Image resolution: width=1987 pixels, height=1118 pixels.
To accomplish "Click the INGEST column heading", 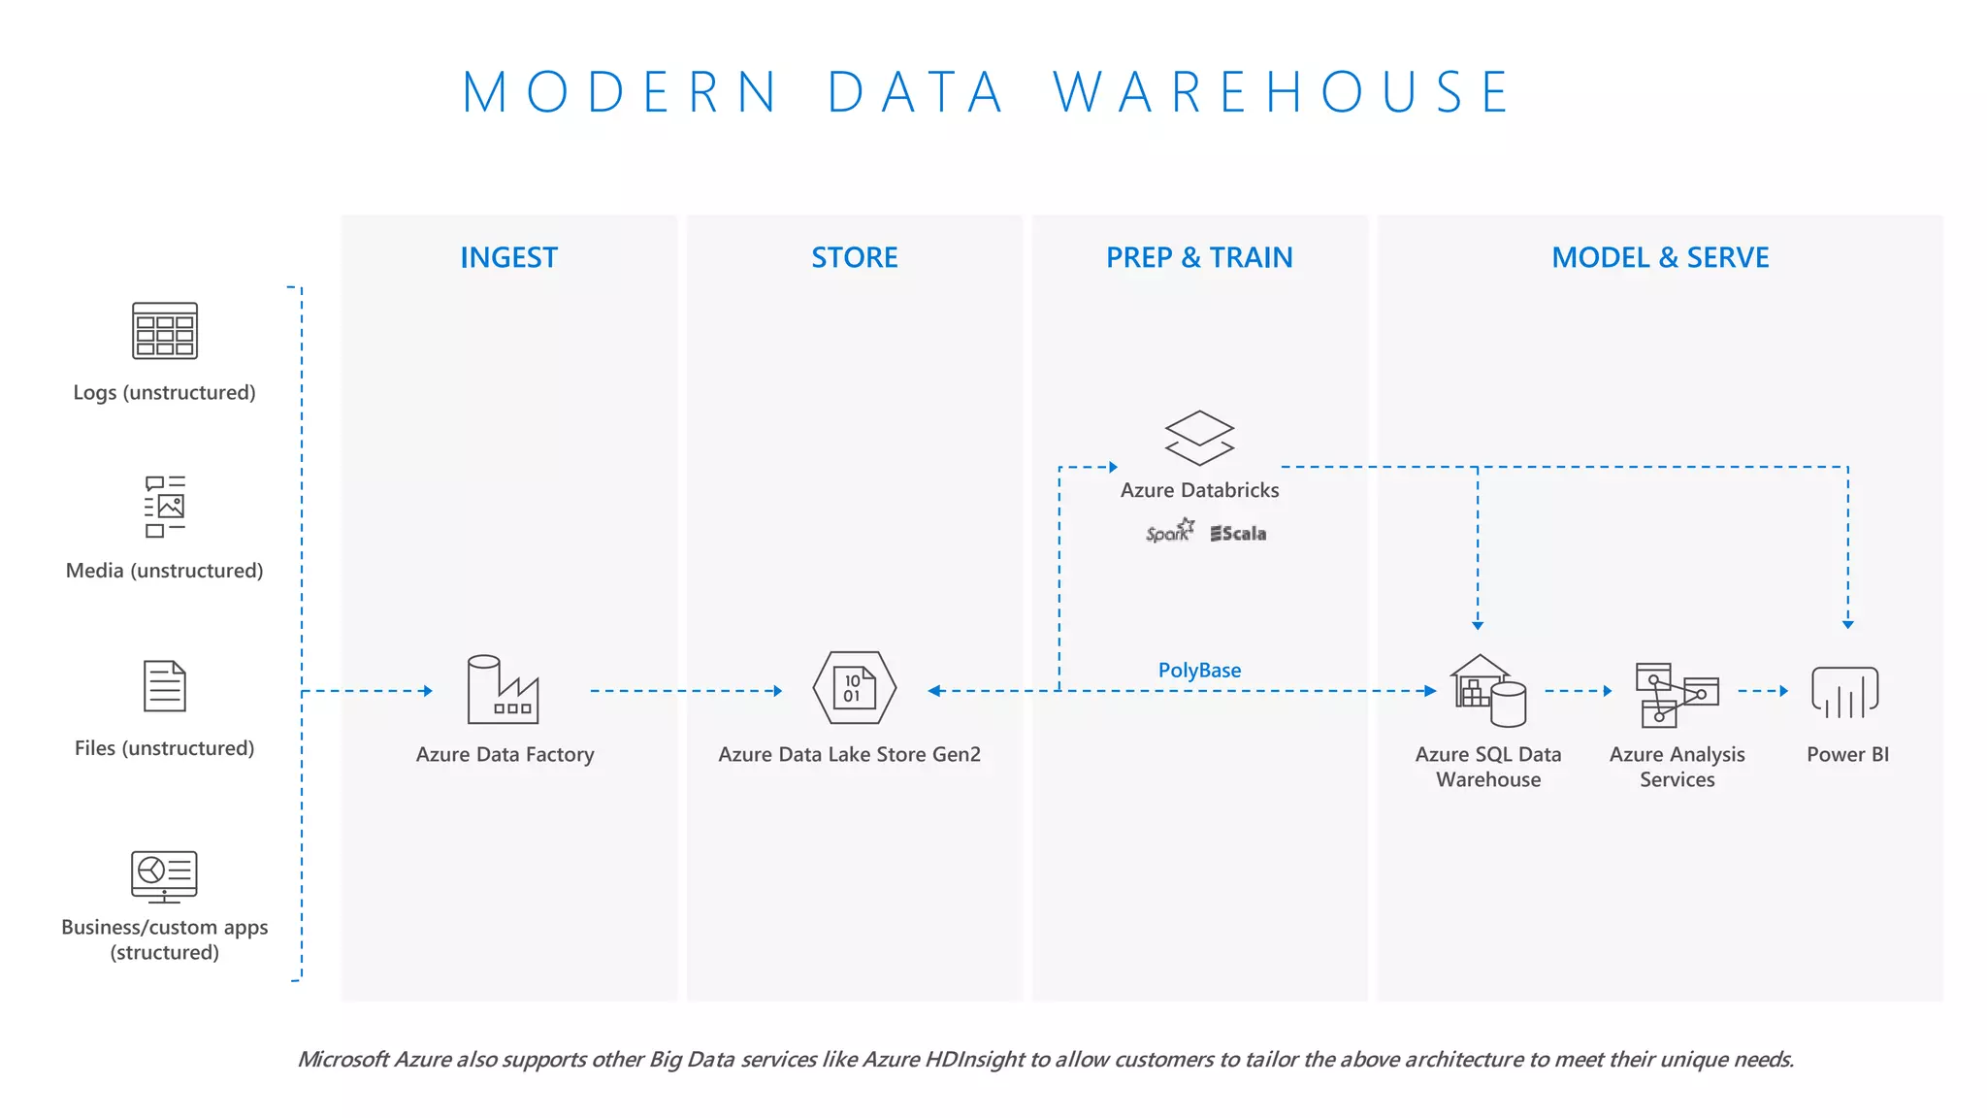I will (x=508, y=257).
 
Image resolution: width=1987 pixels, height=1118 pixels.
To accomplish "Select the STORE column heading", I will (x=854, y=257).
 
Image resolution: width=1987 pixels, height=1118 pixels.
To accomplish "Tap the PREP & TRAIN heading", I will (x=1199, y=257).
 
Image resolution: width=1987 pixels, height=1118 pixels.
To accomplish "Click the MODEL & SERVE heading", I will (x=1660, y=257).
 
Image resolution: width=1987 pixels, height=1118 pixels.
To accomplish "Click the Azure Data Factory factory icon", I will (x=503, y=690).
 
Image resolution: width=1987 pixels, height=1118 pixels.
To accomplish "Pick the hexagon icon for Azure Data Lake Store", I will (x=854, y=688).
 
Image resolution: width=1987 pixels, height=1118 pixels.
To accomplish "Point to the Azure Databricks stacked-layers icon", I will (x=1199, y=438).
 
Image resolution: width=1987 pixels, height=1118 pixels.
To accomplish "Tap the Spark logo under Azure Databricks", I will (x=1169, y=532).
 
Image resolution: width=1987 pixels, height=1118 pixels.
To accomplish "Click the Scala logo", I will (x=1238, y=533).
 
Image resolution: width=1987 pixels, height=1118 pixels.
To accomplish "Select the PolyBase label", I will (x=1199, y=670).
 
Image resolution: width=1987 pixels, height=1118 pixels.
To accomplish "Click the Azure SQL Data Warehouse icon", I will (x=1488, y=691).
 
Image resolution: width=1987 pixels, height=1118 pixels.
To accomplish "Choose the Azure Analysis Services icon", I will (x=1676, y=694).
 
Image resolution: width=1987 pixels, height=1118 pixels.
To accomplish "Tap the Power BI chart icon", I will (x=1845, y=692).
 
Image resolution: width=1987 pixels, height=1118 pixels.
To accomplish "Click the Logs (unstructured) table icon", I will (x=165, y=331).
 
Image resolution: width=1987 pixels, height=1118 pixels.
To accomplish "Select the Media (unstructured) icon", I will (x=165, y=506).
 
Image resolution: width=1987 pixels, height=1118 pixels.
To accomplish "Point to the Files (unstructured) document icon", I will (x=165, y=686).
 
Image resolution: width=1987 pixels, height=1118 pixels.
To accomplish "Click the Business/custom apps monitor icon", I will (x=165, y=876).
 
